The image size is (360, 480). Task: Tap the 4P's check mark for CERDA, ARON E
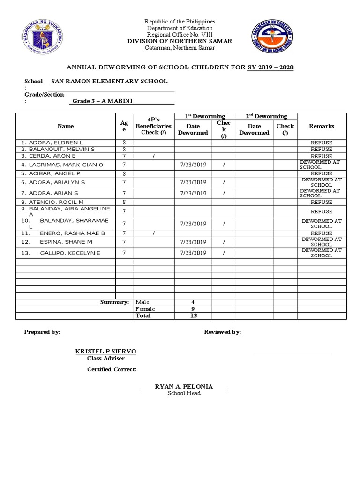pos(153,156)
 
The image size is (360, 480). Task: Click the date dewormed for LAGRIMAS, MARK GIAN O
pos(193,165)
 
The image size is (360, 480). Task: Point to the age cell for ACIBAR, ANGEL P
pos(124,173)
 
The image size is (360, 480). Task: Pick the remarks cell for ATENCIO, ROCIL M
pos(321,202)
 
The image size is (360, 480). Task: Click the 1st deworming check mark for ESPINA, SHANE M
pos(224,242)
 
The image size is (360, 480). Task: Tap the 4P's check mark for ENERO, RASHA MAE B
pos(153,233)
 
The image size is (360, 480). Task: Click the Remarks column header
pos(322,126)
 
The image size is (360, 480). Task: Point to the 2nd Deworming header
pos(266,116)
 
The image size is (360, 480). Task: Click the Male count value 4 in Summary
pos(193,302)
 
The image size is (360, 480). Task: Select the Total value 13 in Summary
pos(193,316)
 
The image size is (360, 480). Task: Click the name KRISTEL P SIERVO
pos(106,352)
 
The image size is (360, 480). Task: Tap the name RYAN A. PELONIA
pos(184,387)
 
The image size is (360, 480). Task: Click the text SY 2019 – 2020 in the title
pos(270,67)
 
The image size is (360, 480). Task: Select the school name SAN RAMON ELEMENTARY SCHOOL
pos(109,82)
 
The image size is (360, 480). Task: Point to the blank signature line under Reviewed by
pos(292,354)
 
